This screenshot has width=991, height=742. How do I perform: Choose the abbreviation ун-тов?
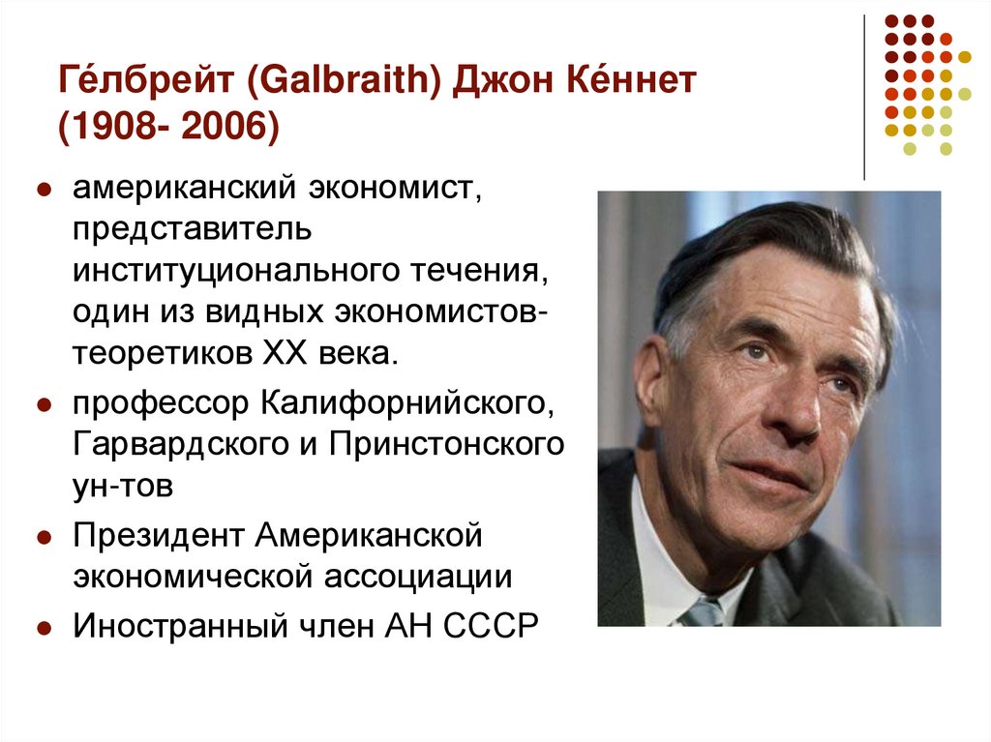click(122, 485)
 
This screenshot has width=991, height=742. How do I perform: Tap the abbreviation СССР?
click(490, 626)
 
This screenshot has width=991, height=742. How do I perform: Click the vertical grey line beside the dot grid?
click(863, 97)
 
